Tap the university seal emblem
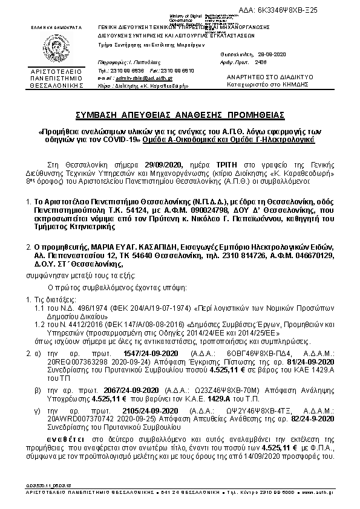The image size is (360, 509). point(55,48)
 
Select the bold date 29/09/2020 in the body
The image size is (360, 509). point(163,163)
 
